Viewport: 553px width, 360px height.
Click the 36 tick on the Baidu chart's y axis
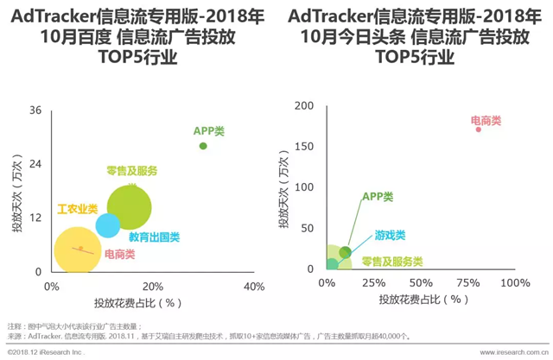click(35, 111)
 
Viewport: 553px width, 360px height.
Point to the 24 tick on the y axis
click(35, 164)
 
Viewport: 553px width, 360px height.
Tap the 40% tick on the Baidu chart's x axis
click(253, 287)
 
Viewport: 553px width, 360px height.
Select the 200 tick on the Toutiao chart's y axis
click(303, 105)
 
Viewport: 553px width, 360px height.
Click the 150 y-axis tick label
click(303, 147)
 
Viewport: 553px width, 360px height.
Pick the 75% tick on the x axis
click(469, 284)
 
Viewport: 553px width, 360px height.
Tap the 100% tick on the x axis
click(515, 284)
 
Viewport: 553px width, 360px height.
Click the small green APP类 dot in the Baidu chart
click(203, 146)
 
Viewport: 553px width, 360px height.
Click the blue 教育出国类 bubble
click(107, 225)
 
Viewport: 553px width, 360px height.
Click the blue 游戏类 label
click(390, 235)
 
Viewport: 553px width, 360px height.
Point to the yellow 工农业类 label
click(77, 209)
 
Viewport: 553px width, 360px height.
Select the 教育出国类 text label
click(154, 237)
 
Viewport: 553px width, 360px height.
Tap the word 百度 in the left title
click(104, 37)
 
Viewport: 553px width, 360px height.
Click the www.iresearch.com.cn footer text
click(505, 353)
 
